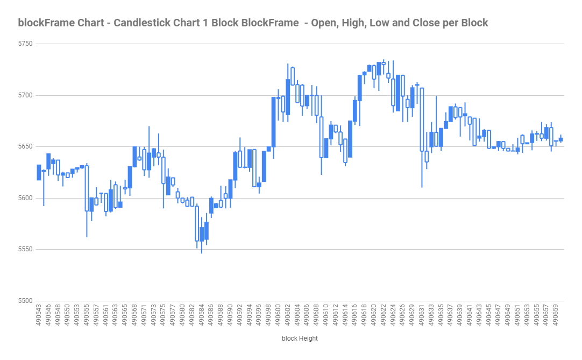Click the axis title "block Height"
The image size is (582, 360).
pos(300,338)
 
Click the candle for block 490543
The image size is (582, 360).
pos(39,172)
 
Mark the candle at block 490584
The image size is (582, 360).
pos(202,234)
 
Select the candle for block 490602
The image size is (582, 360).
pos(288,97)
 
